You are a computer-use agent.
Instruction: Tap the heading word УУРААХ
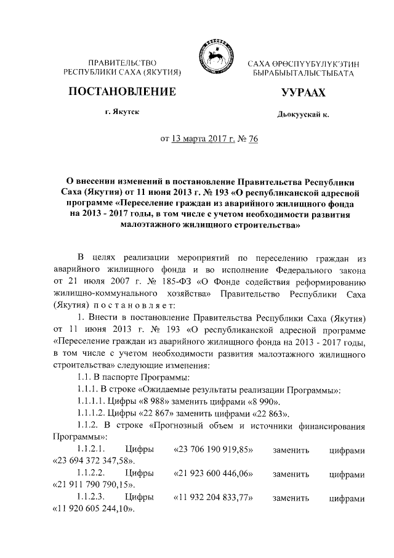click(302, 93)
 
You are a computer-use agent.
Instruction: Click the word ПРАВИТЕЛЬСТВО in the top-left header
click(124, 64)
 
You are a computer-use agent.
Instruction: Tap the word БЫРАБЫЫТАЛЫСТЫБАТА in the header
click(303, 74)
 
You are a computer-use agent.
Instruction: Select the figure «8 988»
click(149, 401)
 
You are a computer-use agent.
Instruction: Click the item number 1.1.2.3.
click(90, 496)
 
